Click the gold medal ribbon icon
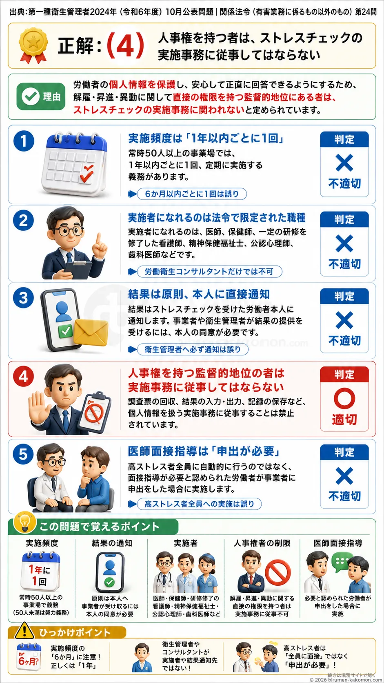[33, 45]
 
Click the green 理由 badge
[41, 96]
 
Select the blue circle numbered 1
[23, 141]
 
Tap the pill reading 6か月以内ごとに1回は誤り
[192, 194]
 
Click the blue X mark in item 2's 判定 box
[344, 243]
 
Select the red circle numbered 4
[23, 376]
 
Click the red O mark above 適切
[344, 397]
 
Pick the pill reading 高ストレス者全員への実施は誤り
[199, 504]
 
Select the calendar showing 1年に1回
[41, 571]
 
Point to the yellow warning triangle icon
[24, 631]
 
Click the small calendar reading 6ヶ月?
[29, 657]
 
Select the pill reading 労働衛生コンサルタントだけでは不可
[209, 271]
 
